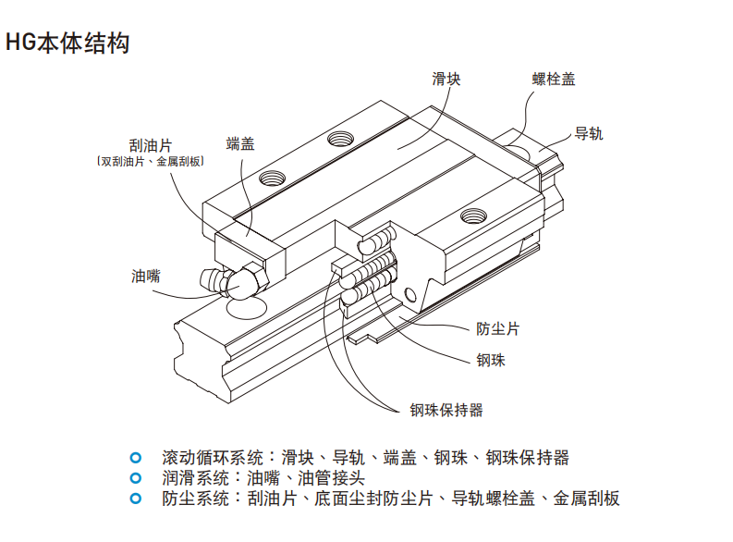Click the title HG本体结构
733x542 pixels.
67,43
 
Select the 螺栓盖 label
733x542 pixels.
555,80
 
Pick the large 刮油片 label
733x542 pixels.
151,145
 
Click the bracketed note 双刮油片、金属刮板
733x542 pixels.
150,161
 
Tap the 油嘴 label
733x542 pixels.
146,275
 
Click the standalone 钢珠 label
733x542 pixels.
490,360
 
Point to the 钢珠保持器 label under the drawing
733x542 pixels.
446,409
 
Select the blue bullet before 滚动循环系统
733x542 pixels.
136,457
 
